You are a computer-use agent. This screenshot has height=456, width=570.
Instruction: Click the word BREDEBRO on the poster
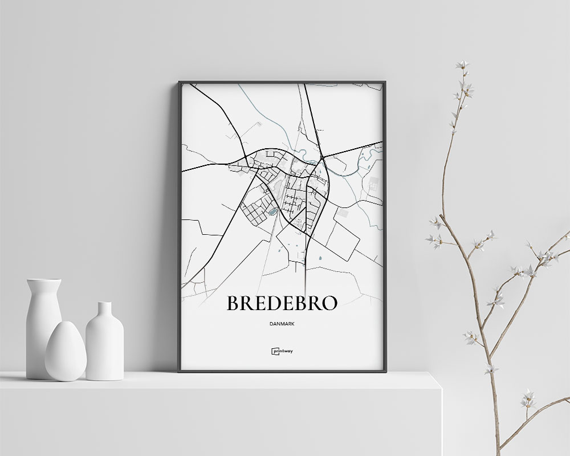click(282, 303)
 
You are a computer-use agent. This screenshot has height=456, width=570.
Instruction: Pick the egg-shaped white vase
click(66, 352)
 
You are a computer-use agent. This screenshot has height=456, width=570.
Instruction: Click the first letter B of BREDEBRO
click(233, 303)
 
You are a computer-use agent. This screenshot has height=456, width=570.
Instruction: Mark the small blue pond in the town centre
click(273, 212)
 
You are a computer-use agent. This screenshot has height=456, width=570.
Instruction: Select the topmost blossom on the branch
click(460, 65)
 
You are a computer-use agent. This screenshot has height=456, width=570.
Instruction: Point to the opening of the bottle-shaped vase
click(104, 304)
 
